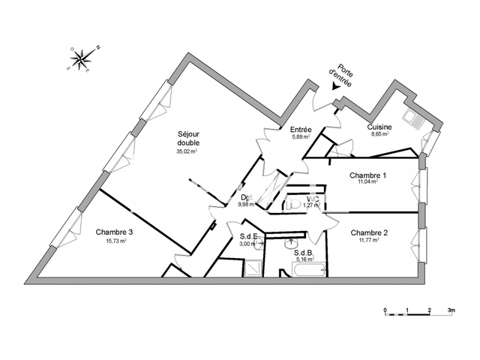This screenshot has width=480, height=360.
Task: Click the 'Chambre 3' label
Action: (112, 232)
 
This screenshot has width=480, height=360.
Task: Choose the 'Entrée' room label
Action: (300, 130)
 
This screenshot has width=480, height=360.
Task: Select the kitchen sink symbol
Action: (412, 117)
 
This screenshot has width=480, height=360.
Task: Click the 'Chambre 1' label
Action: (368, 175)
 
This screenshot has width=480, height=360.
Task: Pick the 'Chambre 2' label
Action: (369, 232)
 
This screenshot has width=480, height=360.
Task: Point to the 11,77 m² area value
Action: (369, 241)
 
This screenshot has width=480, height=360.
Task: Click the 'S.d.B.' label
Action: (303, 253)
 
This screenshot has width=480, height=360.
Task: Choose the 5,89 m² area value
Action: (300, 137)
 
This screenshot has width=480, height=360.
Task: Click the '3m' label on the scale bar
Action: (451, 310)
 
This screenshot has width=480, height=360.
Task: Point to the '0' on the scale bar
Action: (385, 310)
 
